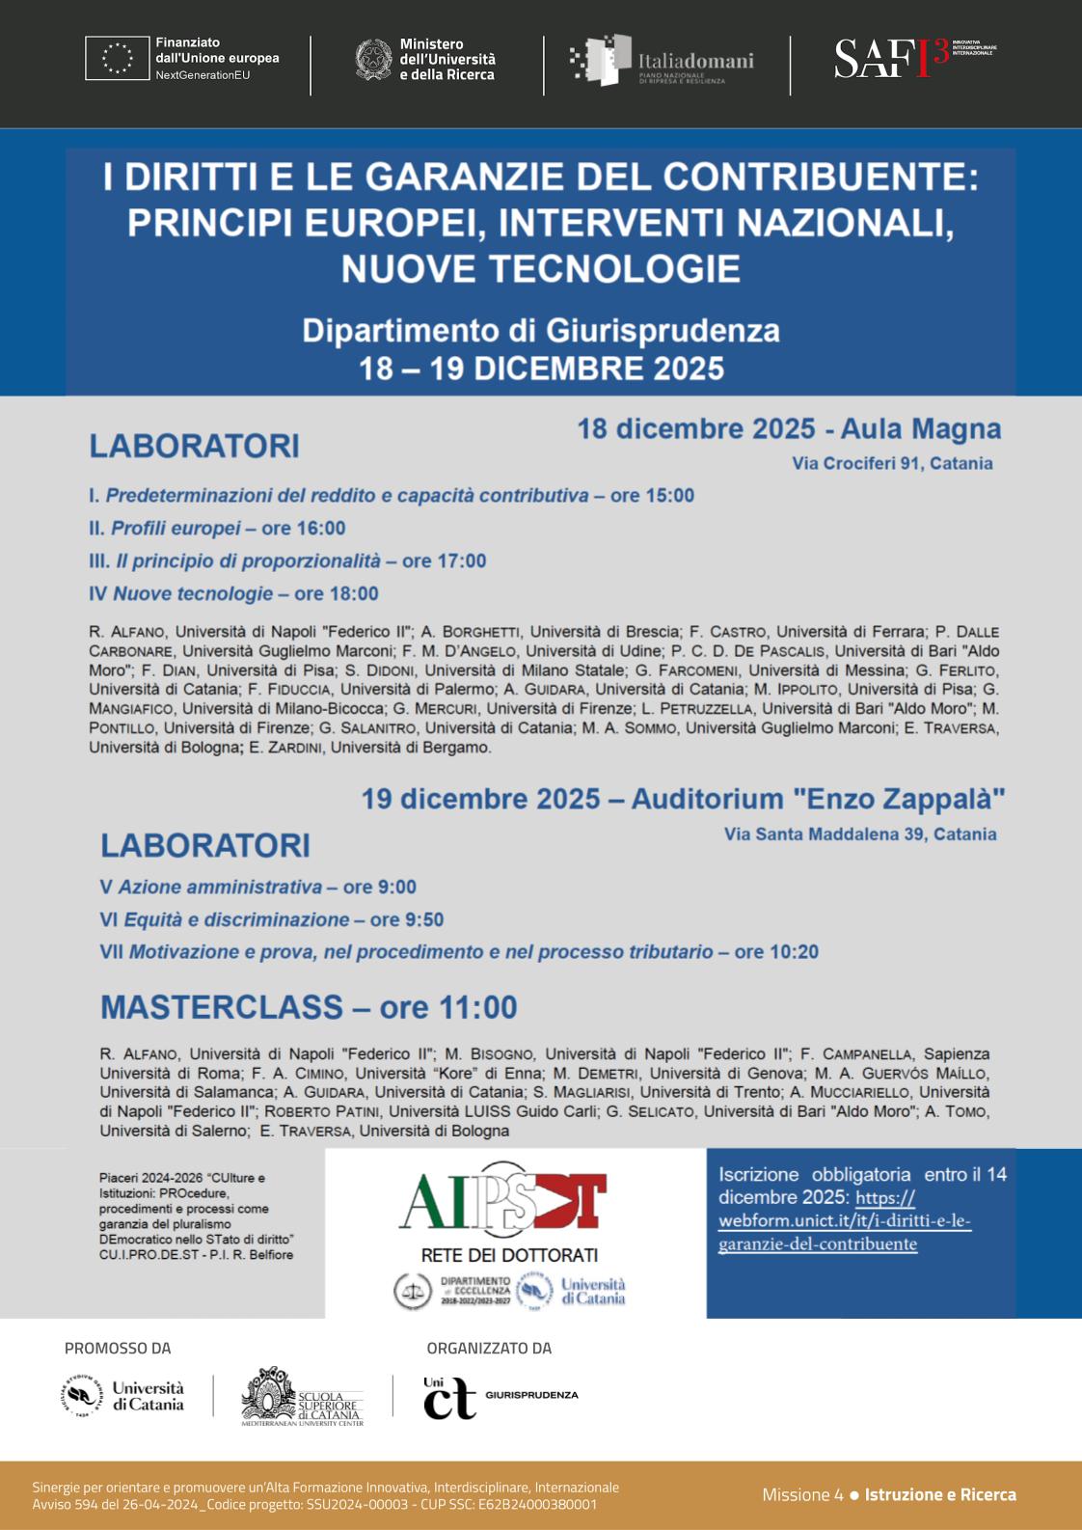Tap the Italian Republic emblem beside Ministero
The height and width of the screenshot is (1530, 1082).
click(x=373, y=59)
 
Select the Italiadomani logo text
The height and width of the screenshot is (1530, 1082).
click(x=695, y=62)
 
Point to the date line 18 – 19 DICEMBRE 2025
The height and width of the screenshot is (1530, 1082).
click(x=541, y=369)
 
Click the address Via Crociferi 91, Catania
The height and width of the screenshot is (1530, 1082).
click(x=892, y=463)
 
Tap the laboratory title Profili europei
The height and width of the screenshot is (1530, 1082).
click(x=176, y=529)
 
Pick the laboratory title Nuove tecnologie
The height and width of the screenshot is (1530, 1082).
click(x=193, y=594)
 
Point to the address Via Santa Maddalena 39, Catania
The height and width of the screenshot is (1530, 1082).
click(x=860, y=834)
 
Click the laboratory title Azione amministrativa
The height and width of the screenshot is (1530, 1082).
click(x=220, y=888)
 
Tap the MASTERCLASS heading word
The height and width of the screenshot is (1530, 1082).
click(x=222, y=1007)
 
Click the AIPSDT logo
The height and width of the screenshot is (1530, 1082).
click(x=502, y=1203)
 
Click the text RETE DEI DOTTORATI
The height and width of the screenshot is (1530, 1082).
click(x=509, y=1255)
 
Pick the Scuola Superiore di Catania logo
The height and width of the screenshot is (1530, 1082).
click(x=302, y=1396)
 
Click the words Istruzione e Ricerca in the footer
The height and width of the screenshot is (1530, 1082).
click(x=940, y=1494)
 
